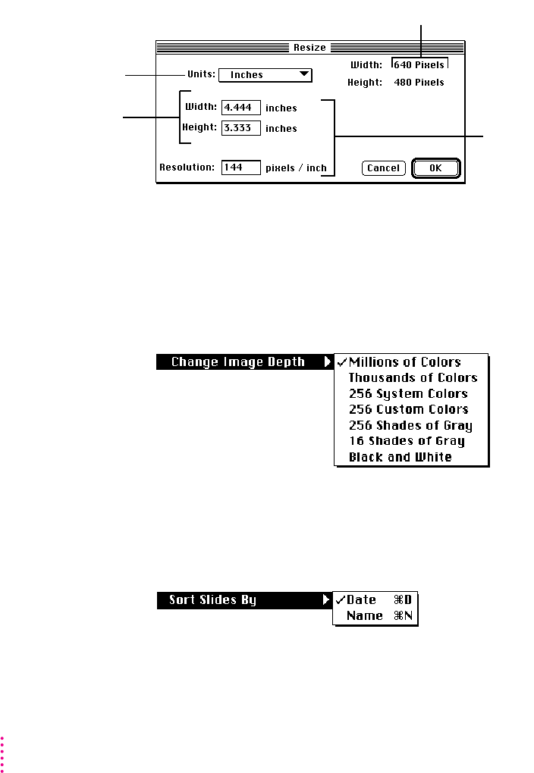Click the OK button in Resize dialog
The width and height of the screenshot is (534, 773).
(x=435, y=168)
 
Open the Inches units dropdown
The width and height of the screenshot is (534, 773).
(x=265, y=75)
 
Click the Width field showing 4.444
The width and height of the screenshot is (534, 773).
(x=241, y=108)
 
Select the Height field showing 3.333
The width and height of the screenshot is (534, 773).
(x=241, y=128)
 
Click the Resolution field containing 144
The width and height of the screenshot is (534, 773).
(x=241, y=167)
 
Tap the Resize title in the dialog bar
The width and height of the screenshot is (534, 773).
(x=309, y=47)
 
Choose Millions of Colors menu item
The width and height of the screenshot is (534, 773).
(x=405, y=362)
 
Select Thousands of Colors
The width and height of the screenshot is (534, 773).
(x=413, y=377)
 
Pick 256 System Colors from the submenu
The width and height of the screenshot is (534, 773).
(x=408, y=393)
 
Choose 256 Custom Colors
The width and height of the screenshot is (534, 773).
(x=408, y=409)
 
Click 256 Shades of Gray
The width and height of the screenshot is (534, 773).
(x=410, y=425)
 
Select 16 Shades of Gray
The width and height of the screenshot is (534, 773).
(x=407, y=441)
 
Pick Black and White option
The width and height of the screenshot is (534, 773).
(x=400, y=457)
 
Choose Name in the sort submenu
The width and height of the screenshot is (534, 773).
(x=365, y=616)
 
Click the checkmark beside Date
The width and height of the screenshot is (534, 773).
(x=341, y=600)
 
